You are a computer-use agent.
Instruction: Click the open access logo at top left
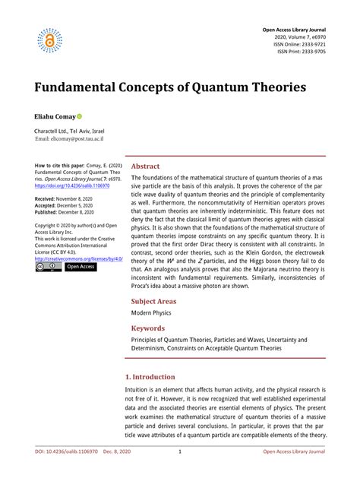[49, 40]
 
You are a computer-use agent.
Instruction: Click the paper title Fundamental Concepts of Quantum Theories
[170, 86]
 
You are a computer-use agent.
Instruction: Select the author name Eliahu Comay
[54, 119]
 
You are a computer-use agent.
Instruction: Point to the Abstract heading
[145, 166]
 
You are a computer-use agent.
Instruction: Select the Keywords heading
[148, 328]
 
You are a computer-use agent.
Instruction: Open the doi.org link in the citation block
[72, 185]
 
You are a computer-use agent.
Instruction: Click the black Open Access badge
[81, 267]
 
